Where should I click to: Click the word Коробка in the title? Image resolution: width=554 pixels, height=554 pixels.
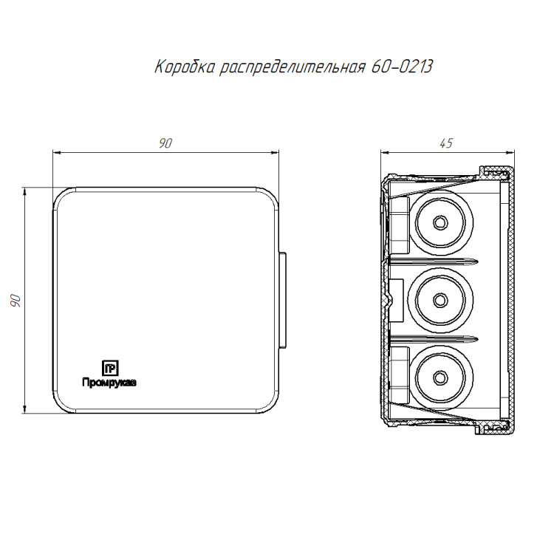coord(185,66)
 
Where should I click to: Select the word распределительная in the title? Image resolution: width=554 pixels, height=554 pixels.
coord(293,67)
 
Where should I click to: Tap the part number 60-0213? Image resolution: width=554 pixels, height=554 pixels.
coord(402,66)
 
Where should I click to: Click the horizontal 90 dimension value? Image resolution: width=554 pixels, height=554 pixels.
coord(165,143)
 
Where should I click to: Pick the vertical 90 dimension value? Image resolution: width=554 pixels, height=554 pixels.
coord(16,301)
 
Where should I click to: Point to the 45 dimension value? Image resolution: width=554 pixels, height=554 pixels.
coord(446,143)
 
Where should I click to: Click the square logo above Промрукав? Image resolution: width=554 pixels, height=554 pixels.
coord(110,368)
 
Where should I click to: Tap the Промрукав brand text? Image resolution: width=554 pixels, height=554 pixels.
coord(109,383)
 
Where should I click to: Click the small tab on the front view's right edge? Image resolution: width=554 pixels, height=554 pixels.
coord(282,300)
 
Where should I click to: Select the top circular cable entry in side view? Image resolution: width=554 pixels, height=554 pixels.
coord(440,222)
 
